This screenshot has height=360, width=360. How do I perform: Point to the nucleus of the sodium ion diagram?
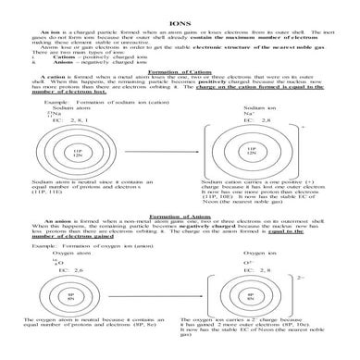251,150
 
